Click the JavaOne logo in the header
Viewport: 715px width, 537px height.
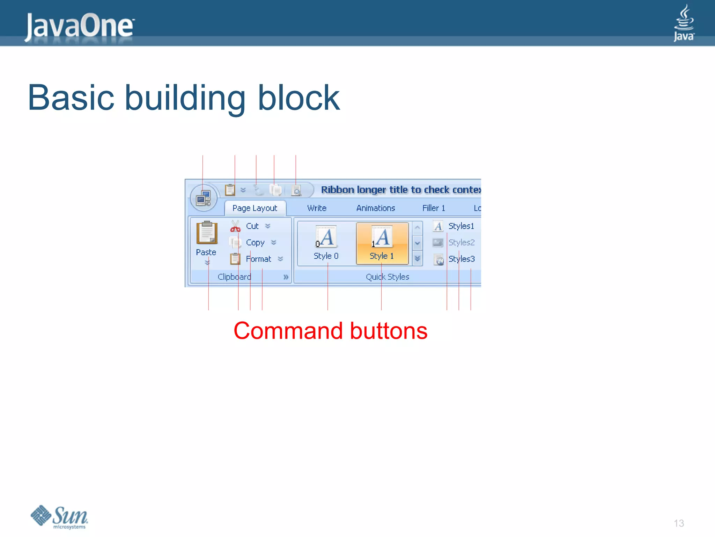click(80, 26)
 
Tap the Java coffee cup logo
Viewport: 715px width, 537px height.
click(684, 23)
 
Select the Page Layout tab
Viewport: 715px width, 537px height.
click(255, 208)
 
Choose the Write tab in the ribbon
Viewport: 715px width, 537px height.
click(317, 208)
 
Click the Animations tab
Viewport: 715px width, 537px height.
click(375, 208)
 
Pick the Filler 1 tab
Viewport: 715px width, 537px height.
click(434, 208)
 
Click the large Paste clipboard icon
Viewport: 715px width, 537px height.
click(207, 232)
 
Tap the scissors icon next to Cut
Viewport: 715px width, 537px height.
click(235, 226)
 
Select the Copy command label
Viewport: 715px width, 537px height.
click(255, 242)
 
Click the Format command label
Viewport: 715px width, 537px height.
click(258, 259)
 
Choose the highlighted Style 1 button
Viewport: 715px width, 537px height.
click(382, 243)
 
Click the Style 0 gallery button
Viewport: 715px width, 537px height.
click(326, 243)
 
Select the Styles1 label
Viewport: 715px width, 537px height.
click(461, 226)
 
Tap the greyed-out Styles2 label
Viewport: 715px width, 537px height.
click(461, 242)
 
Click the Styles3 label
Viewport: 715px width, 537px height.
click(461, 259)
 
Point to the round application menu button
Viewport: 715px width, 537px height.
click(204, 198)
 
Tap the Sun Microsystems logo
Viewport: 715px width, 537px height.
click(59, 517)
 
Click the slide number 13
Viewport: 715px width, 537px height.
click(679, 523)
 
